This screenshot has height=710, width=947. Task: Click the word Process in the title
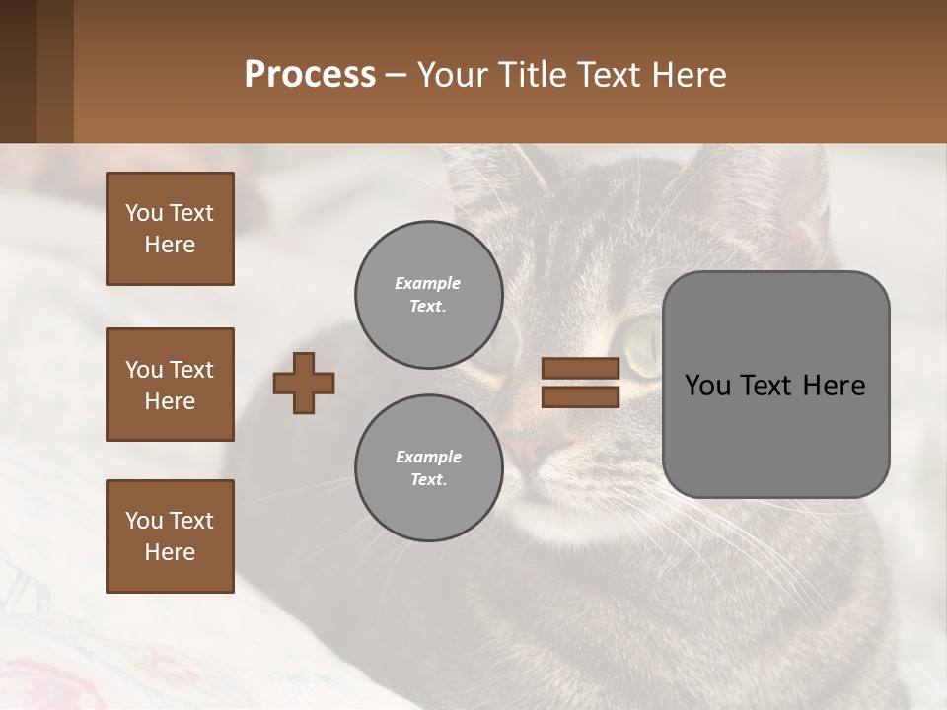pyautogui.click(x=310, y=75)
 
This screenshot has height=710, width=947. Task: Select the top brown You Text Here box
pyautogui.click(x=170, y=229)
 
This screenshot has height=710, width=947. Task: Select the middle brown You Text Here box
pyautogui.click(x=170, y=385)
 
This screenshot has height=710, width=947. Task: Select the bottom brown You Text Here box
pyautogui.click(x=170, y=535)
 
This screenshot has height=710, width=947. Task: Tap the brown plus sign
pyautogui.click(x=303, y=383)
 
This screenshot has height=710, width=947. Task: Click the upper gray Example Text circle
pyautogui.click(x=428, y=294)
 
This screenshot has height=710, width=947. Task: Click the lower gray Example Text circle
pyautogui.click(x=428, y=467)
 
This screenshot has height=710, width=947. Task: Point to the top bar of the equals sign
pyautogui.click(x=580, y=368)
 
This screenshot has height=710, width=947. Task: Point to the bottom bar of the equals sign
pyautogui.click(x=580, y=396)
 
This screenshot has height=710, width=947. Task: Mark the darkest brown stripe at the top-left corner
pyautogui.click(x=18, y=71)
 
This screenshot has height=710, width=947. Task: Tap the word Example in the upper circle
pyautogui.click(x=427, y=283)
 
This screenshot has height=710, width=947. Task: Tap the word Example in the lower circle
pyautogui.click(x=427, y=457)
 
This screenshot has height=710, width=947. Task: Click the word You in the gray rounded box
pyautogui.click(x=707, y=386)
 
